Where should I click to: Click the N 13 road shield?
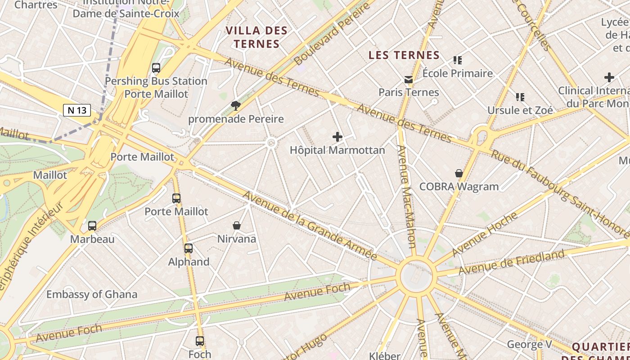[x=77, y=110]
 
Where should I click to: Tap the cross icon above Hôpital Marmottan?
[x=337, y=137]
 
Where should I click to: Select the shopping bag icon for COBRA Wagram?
[x=459, y=173]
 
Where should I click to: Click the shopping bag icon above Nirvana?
[x=237, y=225]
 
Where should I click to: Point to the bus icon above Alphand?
[x=189, y=248]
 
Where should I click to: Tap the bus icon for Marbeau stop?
[x=92, y=226]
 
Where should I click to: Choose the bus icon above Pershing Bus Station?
[x=156, y=68]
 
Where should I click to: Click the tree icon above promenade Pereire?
[x=235, y=106]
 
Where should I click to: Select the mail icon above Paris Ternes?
[x=408, y=80]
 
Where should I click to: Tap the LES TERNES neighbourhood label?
[x=404, y=55]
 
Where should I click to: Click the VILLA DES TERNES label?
[x=256, y=37]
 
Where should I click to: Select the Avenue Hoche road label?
[x=485, y=234]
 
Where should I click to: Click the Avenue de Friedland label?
[x=511, y=262]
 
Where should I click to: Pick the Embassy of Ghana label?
[x=92, y=295]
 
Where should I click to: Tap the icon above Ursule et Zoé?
[x=520, y=97]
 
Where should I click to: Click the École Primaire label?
[x=458, y=73]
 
